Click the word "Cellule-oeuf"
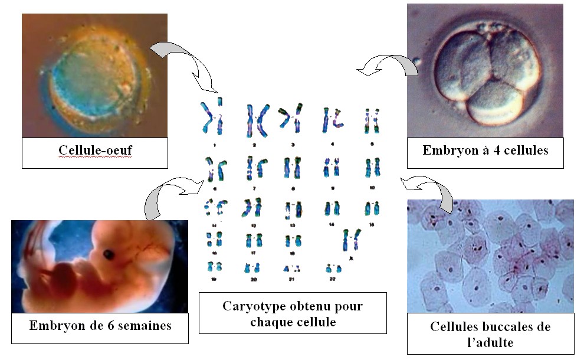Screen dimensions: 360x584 (x=95, y=150)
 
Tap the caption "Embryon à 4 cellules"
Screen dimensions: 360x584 (x=485, y=150)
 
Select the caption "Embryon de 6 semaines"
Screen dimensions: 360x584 (x=100, y=325)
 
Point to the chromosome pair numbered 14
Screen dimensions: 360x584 (x=330, y=208)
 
